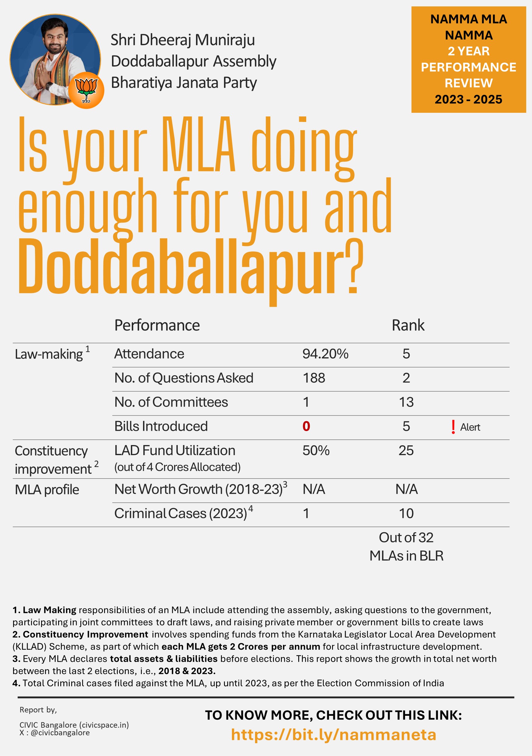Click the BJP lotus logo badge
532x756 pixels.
click(x=86, y=90)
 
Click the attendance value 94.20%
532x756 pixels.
click(x=325, y=354)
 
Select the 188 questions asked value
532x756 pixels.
click(x=314, y=378)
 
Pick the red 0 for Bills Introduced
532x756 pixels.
click(x=306, y=426)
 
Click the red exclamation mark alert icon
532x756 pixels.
click(x=453, y=427)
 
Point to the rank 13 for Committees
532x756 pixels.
click(x=406, y=402)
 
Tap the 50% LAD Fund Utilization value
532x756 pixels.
click(x=316, y=451)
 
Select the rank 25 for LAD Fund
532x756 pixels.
click(x=406, y=451)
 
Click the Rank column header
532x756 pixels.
click(x=408, y=325)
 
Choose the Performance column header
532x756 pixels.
click(x=157, y=325)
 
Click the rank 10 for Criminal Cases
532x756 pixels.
click(x=406, y=513)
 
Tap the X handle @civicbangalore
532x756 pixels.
click(x=60, y=733)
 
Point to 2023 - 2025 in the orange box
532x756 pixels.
click(x=468, y=99)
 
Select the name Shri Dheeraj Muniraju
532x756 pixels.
click(x=183, y=40)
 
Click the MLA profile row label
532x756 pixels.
click(x=47, y=490)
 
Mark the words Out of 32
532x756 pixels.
click(x=406, y=538)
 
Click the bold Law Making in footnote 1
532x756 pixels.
click(x=49, y=610)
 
